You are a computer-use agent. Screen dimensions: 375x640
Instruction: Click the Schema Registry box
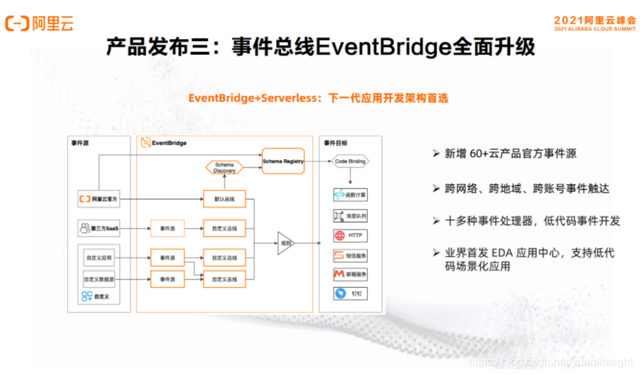(x=283, y=161)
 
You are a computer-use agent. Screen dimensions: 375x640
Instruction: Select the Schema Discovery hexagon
(x=224, y=168)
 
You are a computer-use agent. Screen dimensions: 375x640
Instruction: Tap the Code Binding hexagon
(x=350, y=162)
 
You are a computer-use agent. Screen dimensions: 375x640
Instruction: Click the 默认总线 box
(x=224, y=199)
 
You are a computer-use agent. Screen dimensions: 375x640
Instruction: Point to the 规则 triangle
(x=286, y=243)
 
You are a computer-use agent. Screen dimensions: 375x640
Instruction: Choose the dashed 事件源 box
(x=167, y=229)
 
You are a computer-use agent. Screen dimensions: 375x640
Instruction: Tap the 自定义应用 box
(x=99, y=257)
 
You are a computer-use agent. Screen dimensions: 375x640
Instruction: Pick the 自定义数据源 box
(x=99, y=278)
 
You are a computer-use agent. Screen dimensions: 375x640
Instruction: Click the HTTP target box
(x=350, y=235)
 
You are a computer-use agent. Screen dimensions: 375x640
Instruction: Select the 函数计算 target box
(x=350, y=195)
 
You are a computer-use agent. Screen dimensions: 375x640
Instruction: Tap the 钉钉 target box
(x=350, y=293)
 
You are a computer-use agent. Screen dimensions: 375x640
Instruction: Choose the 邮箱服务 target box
(x=350, y=274)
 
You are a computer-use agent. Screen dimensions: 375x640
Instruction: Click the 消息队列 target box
(x=350, y=215)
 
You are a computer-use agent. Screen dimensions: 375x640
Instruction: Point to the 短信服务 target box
(x=350, y=255)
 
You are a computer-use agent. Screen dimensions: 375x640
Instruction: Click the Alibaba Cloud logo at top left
(x=40, y=23)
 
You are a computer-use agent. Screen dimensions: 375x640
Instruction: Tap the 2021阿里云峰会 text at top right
(x=595, y=20)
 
